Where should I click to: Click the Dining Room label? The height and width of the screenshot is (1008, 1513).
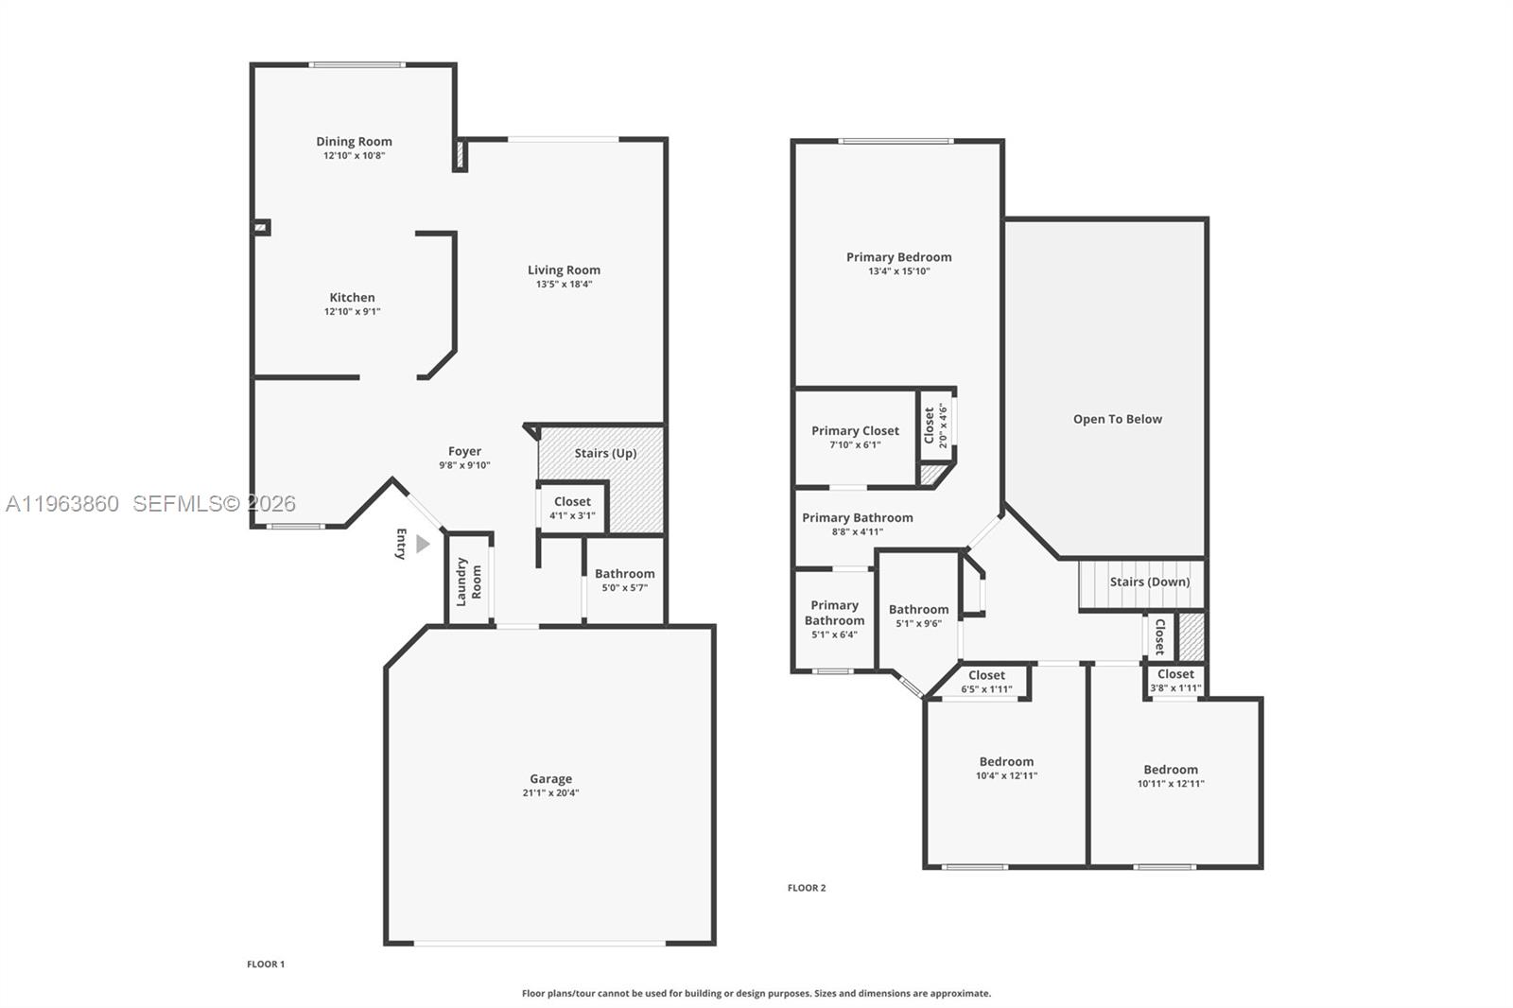(354, 142)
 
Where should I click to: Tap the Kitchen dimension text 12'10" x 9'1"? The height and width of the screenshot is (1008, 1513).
(352, 311)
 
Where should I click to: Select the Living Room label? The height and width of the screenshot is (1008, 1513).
(564, 270)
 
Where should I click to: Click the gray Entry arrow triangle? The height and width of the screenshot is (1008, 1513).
(423, 544)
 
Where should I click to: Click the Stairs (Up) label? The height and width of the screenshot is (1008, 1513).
(605, 453)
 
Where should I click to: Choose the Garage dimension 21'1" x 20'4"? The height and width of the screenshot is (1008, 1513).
(550, 792)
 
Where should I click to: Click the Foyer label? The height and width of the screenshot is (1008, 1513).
(464, 451)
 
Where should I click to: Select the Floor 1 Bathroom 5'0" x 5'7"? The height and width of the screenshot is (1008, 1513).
(624, 580)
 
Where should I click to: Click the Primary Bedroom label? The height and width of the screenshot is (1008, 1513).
(898, 257)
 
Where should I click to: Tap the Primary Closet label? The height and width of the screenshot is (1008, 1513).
(855, 431)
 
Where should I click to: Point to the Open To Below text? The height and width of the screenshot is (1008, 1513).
(1117, 419)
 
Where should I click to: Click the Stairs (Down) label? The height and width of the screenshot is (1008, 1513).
(1149, 582)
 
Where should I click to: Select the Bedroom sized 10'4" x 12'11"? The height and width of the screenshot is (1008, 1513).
(1006, 768)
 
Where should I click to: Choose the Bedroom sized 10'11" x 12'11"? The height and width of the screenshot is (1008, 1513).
(1171, 775)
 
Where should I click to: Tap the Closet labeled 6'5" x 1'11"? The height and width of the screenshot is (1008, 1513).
(986, 682)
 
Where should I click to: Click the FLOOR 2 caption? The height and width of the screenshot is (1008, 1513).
(807, 888)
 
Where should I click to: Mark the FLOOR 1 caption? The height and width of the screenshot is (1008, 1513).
(266, 965)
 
